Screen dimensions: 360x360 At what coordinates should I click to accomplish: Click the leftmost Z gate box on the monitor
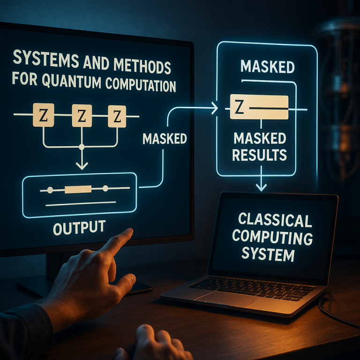click(44, 115)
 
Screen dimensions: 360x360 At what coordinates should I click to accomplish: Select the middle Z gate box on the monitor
click(82, 116)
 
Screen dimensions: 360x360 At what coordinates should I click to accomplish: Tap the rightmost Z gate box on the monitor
click(117, 116)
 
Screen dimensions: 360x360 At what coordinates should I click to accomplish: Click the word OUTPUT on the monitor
click(79, 227)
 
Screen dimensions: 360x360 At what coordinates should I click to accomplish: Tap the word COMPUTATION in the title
click(141, 84)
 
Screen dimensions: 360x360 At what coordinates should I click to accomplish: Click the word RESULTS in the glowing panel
click(259, 155)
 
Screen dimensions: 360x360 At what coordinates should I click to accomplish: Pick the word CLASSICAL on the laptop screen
click(275, 220)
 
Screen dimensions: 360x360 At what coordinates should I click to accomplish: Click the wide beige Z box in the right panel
click(259, 107)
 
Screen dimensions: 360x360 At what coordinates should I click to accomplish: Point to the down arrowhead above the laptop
click(261, 187)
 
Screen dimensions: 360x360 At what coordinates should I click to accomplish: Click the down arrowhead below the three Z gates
click(82, 166)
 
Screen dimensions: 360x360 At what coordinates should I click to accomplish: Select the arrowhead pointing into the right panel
click(215, 107)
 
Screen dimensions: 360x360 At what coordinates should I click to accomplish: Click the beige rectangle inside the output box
click(78, 189)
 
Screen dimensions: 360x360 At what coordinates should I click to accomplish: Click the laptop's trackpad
click(225, 299)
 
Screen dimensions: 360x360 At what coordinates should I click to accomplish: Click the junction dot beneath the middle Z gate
click(82, 147)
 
